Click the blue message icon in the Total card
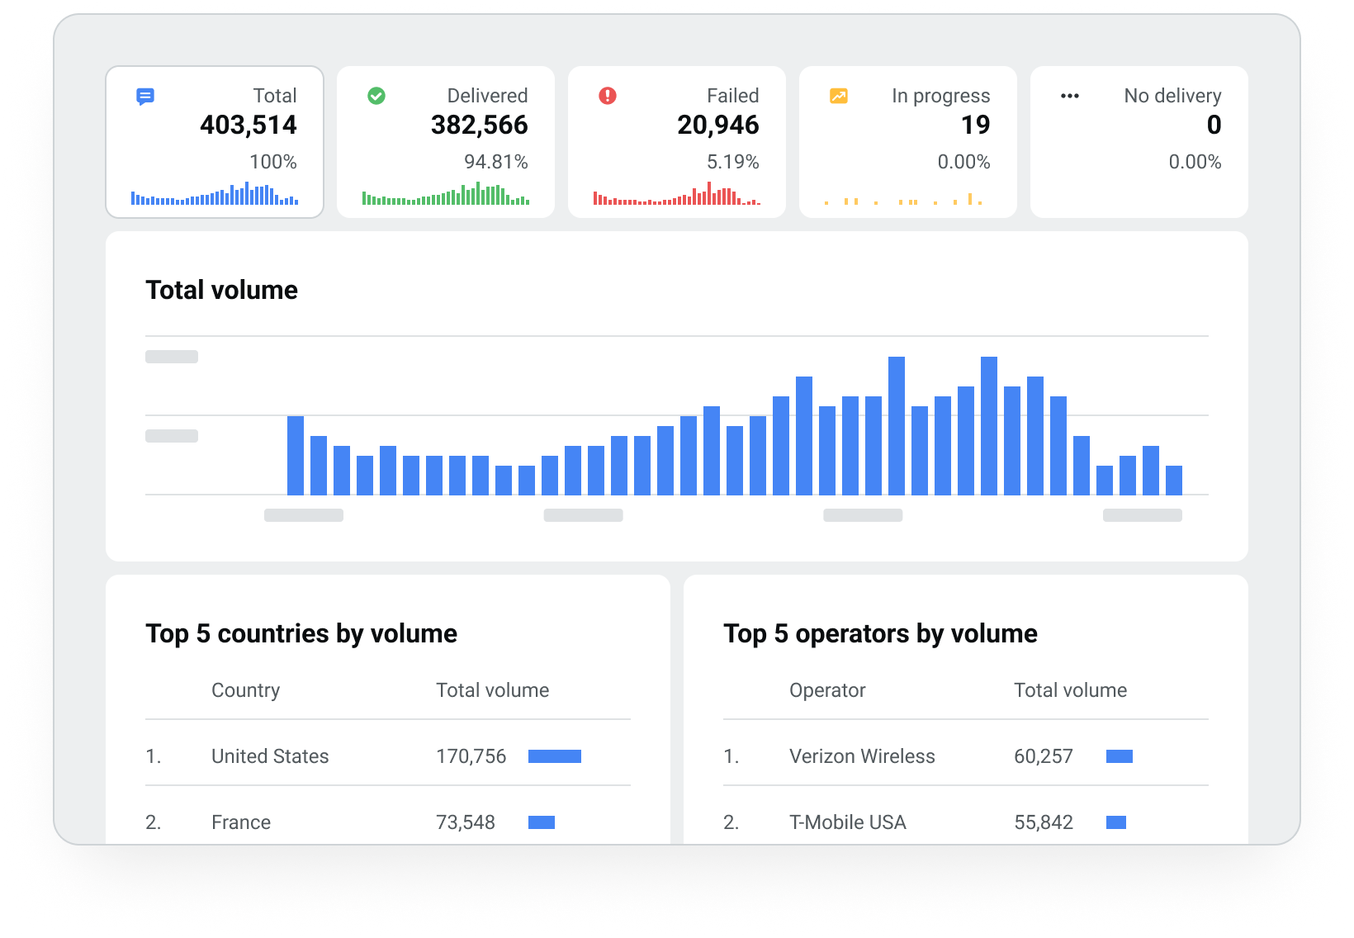point(145,97)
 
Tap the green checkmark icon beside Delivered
point(376,96)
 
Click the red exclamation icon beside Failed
point(608,96)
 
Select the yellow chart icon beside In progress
point(839,96)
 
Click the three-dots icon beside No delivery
point(1070,96)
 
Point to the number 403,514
point(248,126)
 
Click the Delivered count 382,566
point(479,126)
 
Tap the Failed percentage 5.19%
point(732,162)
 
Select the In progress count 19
point(975,126)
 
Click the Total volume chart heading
point(221,290)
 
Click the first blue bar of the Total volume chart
point(296,456)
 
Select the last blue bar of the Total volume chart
point(1173,481)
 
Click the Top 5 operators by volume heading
point(880,633)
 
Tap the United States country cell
point(270,756)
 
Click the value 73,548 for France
point(466,822)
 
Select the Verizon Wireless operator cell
point(862,756)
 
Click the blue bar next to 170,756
point(555,756)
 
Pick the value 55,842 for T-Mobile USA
point(1044,822)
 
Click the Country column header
point(245,690)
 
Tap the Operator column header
point(827,690)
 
